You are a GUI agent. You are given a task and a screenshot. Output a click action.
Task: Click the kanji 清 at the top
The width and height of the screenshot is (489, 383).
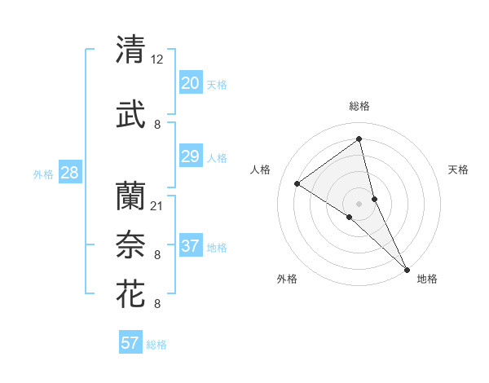(x=130, y=50)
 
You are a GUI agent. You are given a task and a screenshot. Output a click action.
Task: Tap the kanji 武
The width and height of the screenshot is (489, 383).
(x=130, y=115)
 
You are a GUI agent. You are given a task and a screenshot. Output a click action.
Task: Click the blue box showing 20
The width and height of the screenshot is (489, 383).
(x=190, y=83)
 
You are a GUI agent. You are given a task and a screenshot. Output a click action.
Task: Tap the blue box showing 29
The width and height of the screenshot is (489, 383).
(x=190, y=156)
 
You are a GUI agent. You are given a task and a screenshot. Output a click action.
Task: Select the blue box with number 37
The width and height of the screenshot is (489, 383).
(x=190, y=246)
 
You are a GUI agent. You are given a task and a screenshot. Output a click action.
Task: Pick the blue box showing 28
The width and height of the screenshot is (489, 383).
(x=69, y=173)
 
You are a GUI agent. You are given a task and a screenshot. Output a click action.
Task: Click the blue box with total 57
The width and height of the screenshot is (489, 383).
(x=130, y=343)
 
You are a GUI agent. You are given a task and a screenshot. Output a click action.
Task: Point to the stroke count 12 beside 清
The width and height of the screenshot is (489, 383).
(x=157, y=59)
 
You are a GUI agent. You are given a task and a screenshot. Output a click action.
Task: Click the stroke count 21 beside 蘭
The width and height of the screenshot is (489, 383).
(x=157, y=205)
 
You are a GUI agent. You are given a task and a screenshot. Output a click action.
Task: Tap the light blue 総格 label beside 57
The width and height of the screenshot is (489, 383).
(x=156, y=345)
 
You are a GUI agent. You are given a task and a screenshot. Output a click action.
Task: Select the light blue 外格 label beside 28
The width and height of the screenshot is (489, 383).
(x=43, y=174)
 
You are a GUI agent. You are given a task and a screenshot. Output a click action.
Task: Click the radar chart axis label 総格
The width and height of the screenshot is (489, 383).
(x=359, y=106)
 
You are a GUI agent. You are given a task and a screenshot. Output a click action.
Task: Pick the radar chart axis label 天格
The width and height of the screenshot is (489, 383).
(x=459, y=169)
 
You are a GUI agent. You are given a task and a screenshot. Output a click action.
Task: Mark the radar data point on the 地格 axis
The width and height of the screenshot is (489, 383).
(x=407, y=268)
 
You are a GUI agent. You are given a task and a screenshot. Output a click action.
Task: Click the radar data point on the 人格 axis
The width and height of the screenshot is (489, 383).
(x=297, y=183)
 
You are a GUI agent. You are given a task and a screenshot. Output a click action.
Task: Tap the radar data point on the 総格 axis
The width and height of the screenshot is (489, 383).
(x=359, y=139)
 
